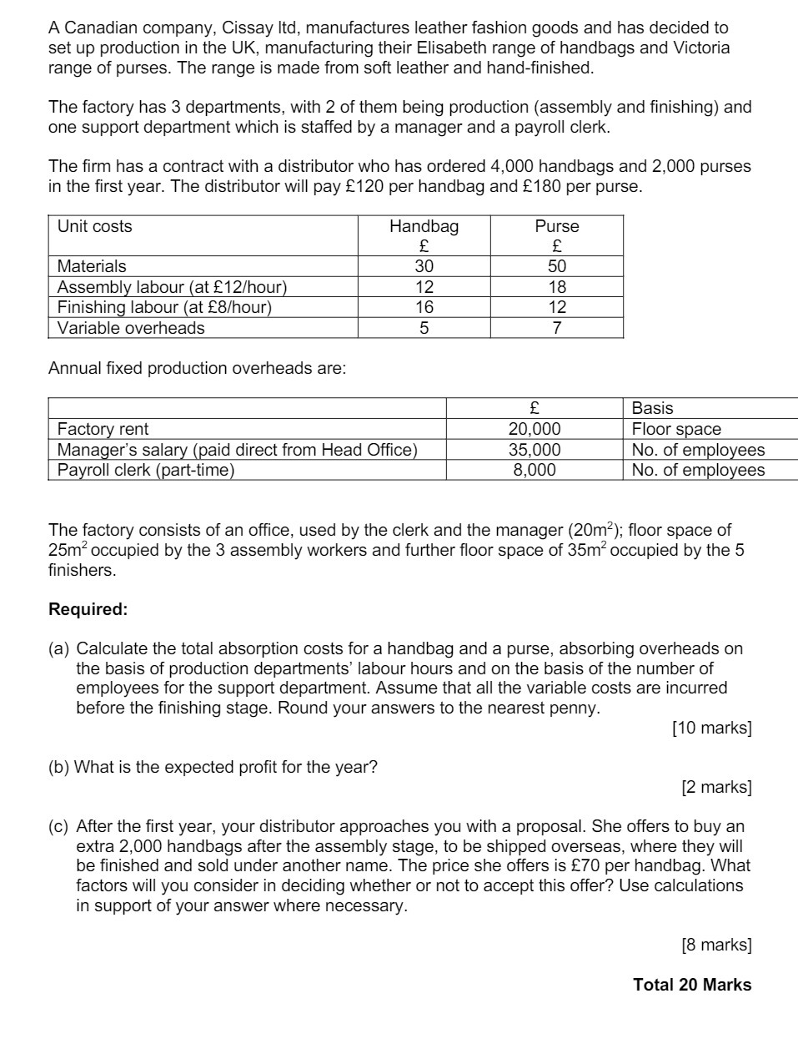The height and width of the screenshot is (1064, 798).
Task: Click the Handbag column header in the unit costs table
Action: click(424, 226)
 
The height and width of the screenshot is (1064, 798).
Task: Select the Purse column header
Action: click(556, 226)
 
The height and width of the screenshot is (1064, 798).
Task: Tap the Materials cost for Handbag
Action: click(424, 266)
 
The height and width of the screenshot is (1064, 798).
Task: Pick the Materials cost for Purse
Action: click(556, 266)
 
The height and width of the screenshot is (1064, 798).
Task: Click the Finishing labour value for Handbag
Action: click(424, 307)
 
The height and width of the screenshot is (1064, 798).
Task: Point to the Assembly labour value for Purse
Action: click(556, 287)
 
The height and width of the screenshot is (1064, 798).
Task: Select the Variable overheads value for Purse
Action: click(556, 328)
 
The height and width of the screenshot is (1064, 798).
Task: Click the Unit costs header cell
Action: click(94, 226)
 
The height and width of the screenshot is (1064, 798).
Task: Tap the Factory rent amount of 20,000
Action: click(535, 429)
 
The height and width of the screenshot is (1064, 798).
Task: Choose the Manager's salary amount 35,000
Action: click(535, 450)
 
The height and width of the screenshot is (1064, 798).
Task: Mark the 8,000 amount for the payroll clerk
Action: click(535, 470)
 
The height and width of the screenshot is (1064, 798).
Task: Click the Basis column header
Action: click(652, 408)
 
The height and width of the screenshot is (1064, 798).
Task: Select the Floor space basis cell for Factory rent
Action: click(676, 429)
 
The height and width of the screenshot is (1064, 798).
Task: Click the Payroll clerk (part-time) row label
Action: click(146, 470)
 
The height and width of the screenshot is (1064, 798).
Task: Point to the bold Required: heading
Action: click(88, 609)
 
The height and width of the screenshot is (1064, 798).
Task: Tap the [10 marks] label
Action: click(711, 728)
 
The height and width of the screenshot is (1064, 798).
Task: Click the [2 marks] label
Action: click(715, 787)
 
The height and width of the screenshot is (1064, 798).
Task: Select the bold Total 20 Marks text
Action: click(692, 985)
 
